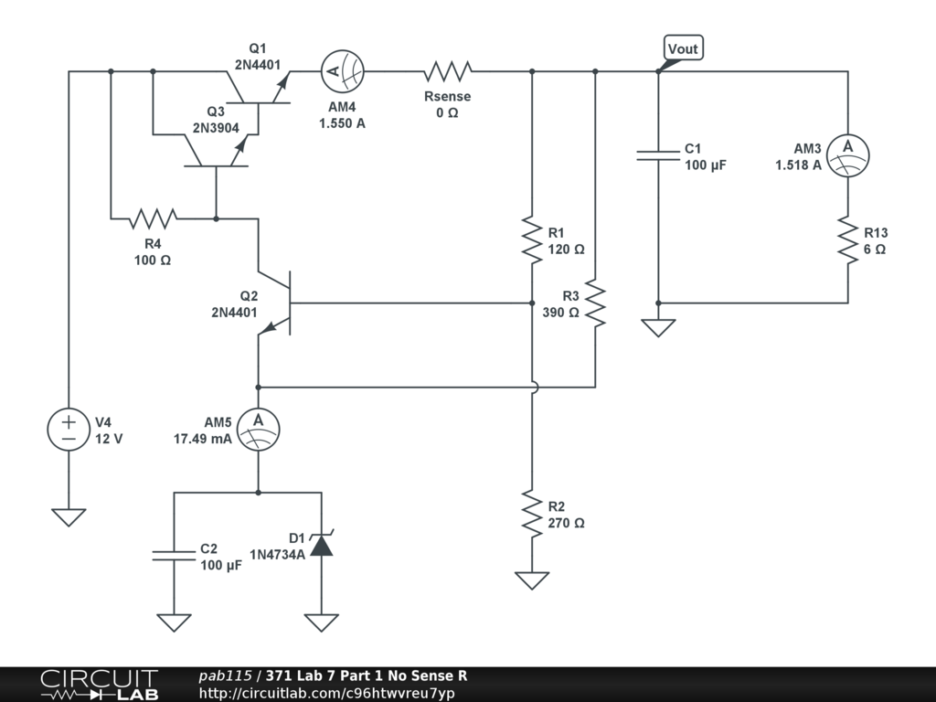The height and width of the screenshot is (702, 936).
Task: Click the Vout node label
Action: click(684, 48)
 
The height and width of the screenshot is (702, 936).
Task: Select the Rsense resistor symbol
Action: click(446, 71)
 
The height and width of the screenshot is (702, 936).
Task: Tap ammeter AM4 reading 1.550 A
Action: click(342, 71)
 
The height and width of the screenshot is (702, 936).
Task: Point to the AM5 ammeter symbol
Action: click(258, 426)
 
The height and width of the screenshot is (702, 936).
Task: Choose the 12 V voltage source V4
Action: click(69, 430)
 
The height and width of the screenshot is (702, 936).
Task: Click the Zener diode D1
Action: click(321, 545)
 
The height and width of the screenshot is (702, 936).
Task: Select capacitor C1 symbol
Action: click(658, 155)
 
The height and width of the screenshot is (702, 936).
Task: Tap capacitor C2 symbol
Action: click(174, 556)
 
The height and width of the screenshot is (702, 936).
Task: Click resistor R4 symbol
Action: click(153, 218)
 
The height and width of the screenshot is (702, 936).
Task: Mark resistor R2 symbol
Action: click(532, 514)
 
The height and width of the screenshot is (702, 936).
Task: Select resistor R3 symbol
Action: click(595, 304)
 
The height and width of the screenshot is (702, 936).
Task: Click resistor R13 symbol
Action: click(847, 240)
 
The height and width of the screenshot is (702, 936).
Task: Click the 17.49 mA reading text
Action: click(202, 439)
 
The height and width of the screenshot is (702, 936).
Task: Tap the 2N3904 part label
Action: click(216, 128)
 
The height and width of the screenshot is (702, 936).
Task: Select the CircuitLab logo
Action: click(99, 685)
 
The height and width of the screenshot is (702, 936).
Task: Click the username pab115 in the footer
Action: click(225, 676)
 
